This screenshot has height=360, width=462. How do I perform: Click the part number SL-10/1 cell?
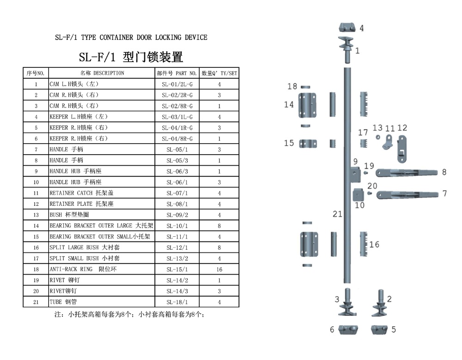(177, 226)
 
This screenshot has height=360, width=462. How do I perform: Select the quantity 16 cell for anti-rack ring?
(219, 269)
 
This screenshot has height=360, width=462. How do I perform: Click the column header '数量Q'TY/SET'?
(219, 73)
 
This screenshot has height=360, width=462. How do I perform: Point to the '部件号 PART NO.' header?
(177, 73)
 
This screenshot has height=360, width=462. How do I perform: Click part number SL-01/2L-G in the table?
(177, 84)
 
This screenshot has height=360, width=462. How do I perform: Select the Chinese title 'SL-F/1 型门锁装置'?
(131, 57)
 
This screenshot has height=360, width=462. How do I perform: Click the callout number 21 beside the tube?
(337, 214)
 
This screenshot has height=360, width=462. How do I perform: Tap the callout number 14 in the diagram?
(289, 105)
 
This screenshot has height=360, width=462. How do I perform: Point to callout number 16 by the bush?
(374, 244)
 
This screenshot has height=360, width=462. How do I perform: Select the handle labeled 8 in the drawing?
(407, 173)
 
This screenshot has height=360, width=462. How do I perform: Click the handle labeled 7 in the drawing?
(407, 194)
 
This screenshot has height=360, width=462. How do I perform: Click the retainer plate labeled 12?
(402, 148)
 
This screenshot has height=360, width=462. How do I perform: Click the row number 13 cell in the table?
(36, 215)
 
